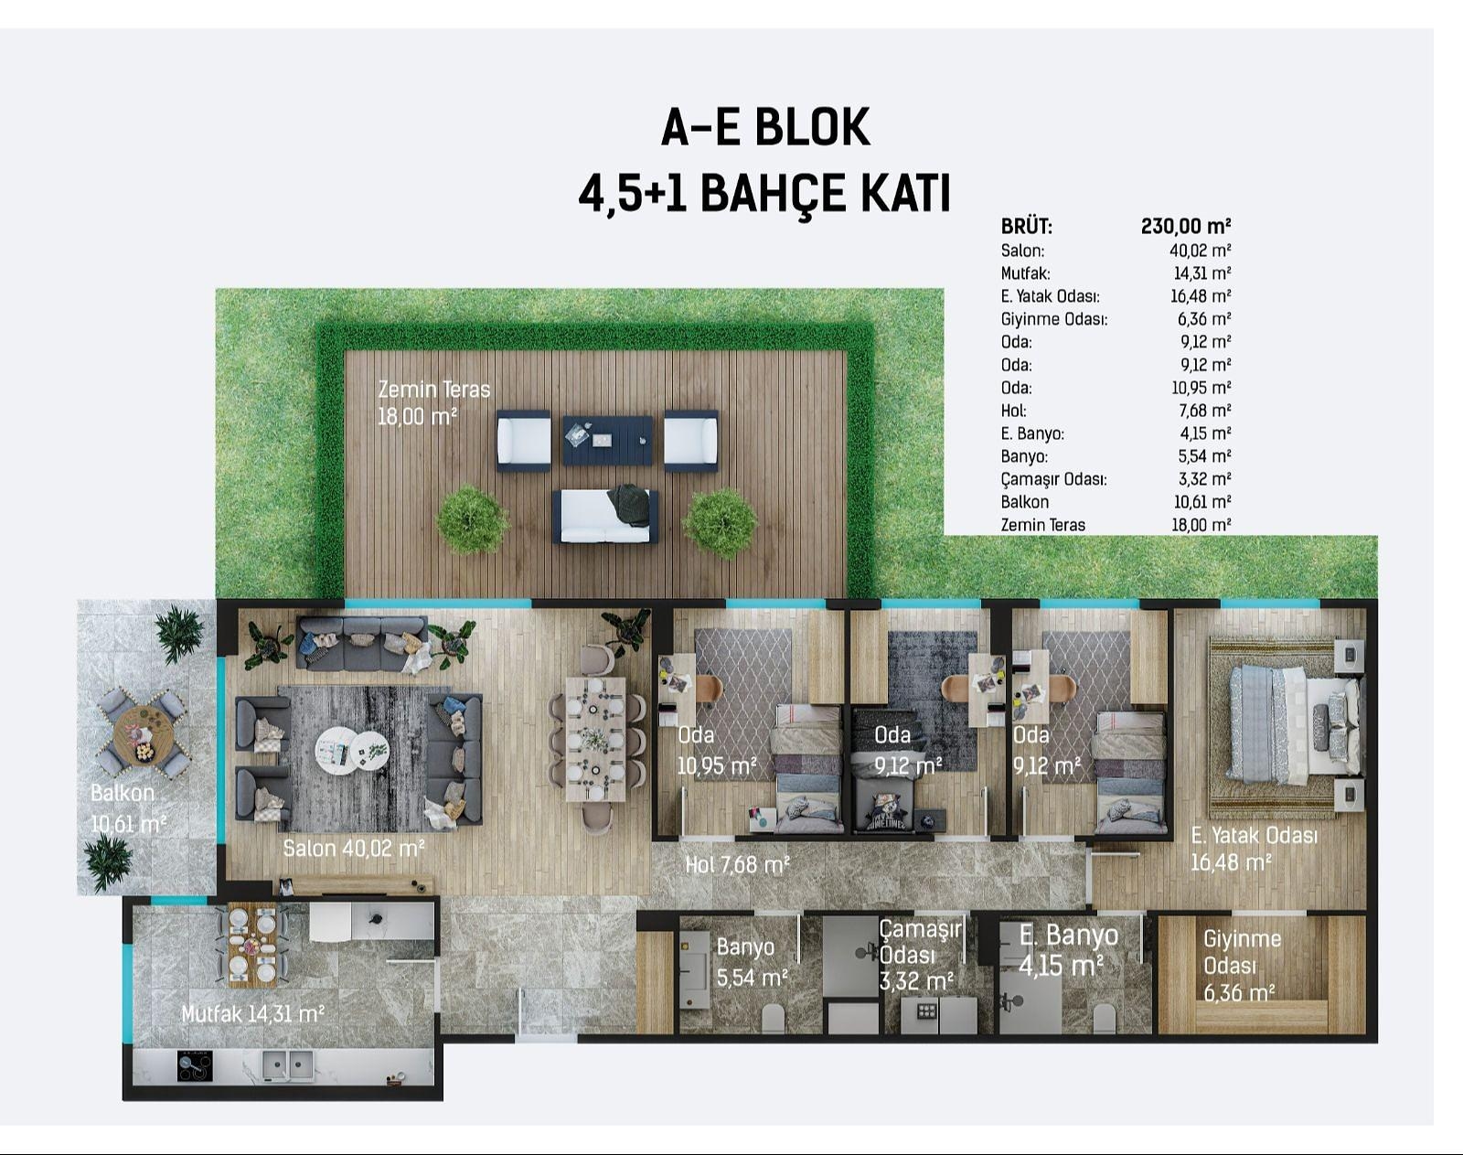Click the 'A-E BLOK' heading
point(765,127)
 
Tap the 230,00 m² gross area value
point(1186,226)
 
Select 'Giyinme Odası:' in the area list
point(1053,319)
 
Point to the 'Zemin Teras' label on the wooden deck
point(433,390)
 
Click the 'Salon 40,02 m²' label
point(354,849)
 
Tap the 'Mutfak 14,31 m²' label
point(252,1014)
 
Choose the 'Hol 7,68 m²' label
point(737,865)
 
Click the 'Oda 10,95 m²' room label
point(716,751)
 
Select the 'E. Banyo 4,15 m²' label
point(1068,949)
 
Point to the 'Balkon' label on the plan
point(123,793)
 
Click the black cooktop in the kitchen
point(195,1066)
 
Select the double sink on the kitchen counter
point(288,1066)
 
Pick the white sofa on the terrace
point(605,516)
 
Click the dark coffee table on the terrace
point(607,441)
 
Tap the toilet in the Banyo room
point(773,1019)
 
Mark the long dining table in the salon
point(595,738)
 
